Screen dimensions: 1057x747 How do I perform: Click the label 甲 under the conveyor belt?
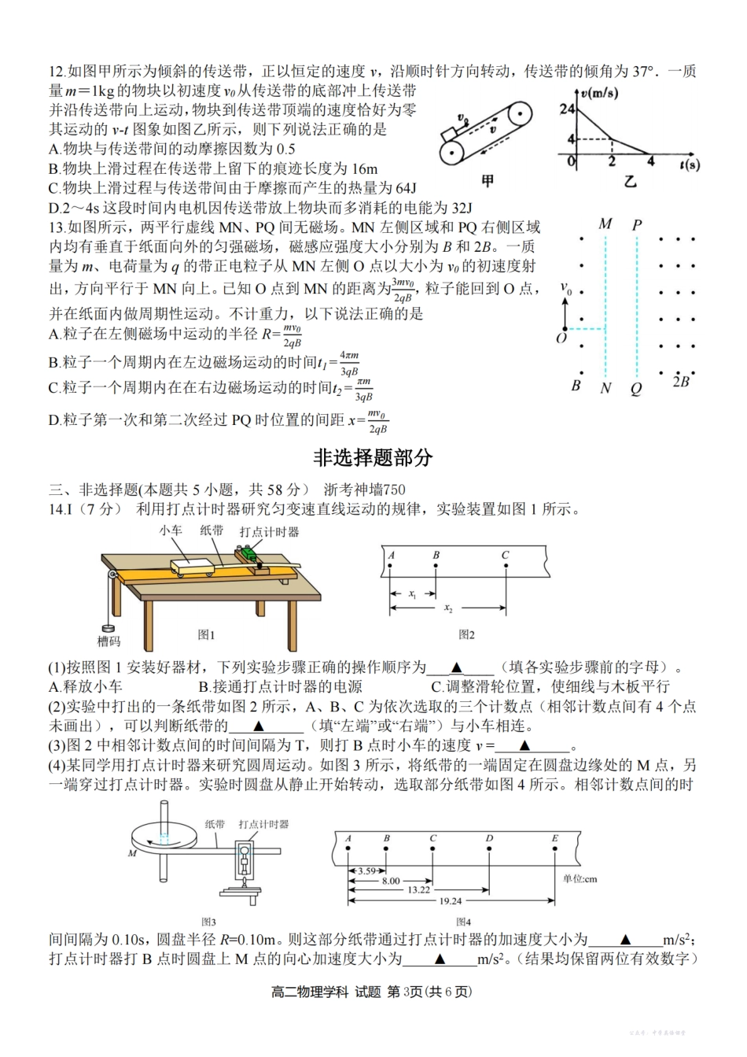point(488,181)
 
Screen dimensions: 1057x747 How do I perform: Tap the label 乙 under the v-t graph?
point(630,181)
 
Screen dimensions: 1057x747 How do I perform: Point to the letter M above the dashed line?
point(605,224)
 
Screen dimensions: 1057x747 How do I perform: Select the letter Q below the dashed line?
point(636,388)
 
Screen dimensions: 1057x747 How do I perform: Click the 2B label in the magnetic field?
point(681,381)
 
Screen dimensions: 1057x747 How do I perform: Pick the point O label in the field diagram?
point(561,338)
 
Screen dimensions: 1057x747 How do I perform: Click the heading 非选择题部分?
point(373,457)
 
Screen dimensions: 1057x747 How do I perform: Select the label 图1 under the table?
point(206,634)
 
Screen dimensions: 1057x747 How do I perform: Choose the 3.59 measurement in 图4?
point(366,871)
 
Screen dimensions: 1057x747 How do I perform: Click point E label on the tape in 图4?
point(554,838)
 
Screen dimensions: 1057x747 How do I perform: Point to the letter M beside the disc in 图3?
point(131,853)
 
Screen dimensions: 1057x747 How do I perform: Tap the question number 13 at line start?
point(56,227)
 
